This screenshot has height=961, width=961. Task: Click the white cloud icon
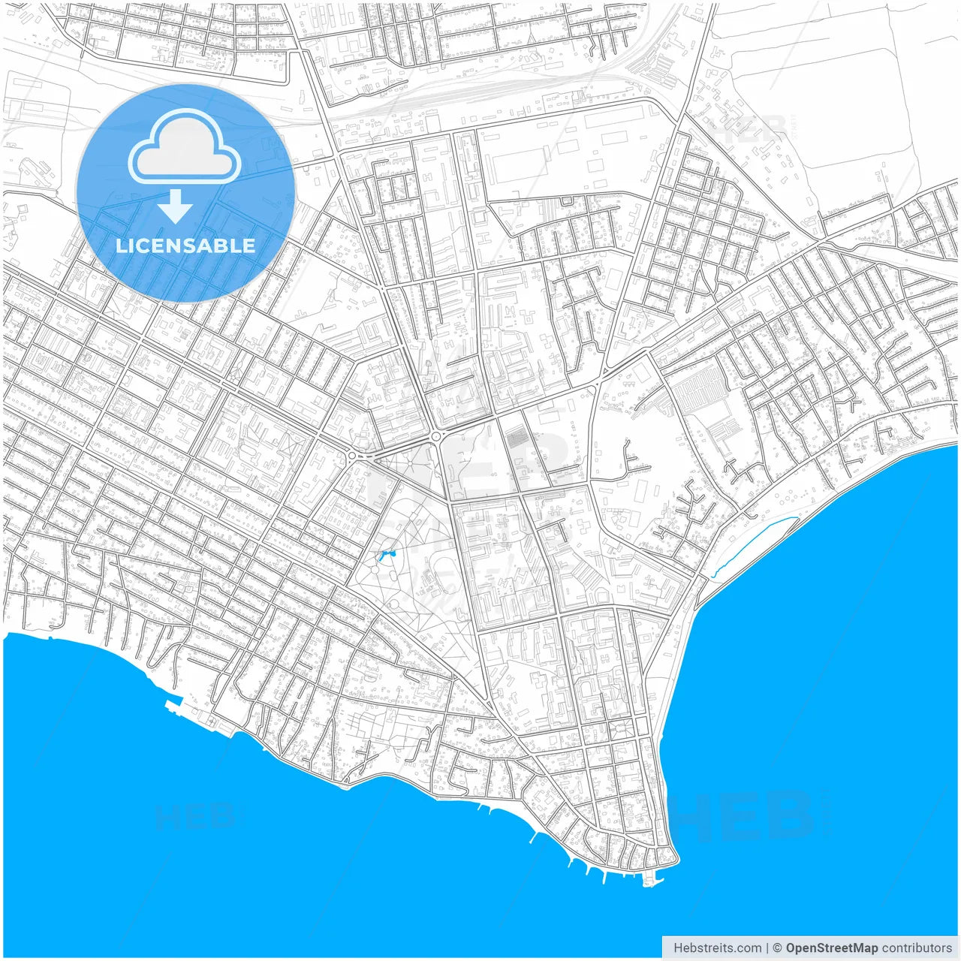point(185,147)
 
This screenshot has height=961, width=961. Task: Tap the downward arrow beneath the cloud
point(176,206)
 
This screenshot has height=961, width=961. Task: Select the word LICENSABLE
point(185,246)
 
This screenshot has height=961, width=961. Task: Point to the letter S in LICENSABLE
point(204,246)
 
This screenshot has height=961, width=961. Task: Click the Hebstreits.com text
point(717,947)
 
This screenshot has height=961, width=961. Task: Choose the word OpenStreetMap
point(832,947)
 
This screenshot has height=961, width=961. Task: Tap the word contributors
point(917,947)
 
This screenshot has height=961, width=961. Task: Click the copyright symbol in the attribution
point(778,947)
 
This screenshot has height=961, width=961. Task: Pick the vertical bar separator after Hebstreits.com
point(767,947)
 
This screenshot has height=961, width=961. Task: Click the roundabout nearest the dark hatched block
point(435,436)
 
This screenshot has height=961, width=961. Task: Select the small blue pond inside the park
point(386,556)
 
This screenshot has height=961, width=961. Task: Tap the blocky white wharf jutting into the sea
point(173,704)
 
